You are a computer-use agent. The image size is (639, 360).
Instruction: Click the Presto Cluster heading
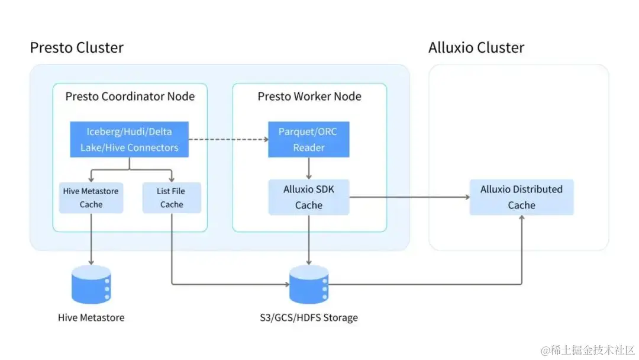point(76,47)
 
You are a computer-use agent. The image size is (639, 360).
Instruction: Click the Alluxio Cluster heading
point(476,47)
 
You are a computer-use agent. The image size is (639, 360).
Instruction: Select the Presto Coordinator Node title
point(130,96)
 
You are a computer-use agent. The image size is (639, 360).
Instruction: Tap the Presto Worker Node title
point(309,96)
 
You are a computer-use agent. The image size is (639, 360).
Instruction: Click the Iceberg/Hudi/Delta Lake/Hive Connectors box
point(130,139)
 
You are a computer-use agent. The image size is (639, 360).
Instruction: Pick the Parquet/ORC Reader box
point(308,139)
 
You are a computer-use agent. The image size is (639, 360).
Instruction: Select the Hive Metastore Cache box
point(91,198)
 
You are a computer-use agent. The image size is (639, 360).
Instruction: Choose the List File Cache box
point(172,198)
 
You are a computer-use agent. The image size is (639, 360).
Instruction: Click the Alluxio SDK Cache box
point(309,197)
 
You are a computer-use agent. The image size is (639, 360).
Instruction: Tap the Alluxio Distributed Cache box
point(521,197)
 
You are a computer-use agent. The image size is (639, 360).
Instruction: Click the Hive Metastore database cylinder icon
point(91,284)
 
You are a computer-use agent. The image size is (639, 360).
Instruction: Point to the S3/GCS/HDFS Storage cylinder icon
point(308,284)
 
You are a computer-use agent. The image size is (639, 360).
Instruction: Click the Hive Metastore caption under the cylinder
point(91,318)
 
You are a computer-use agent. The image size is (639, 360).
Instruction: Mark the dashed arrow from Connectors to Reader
point(228,139)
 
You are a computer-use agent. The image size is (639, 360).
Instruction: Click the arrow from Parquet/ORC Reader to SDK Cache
point(309,168)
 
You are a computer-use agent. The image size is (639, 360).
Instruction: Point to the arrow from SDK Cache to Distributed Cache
point(408,197)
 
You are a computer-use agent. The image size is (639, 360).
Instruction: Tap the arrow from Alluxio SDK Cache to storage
point(309,240)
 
